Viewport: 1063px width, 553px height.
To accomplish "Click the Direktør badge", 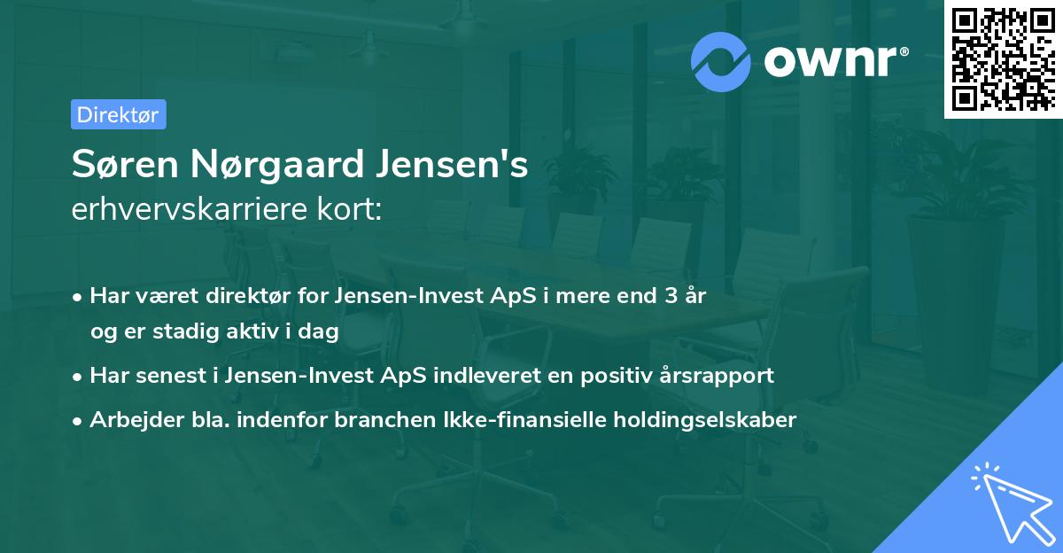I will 118,114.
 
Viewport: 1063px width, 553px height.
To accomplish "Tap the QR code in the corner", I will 1003,58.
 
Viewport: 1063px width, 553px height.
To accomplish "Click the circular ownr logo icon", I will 721,61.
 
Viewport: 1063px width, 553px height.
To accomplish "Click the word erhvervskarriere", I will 190,208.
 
